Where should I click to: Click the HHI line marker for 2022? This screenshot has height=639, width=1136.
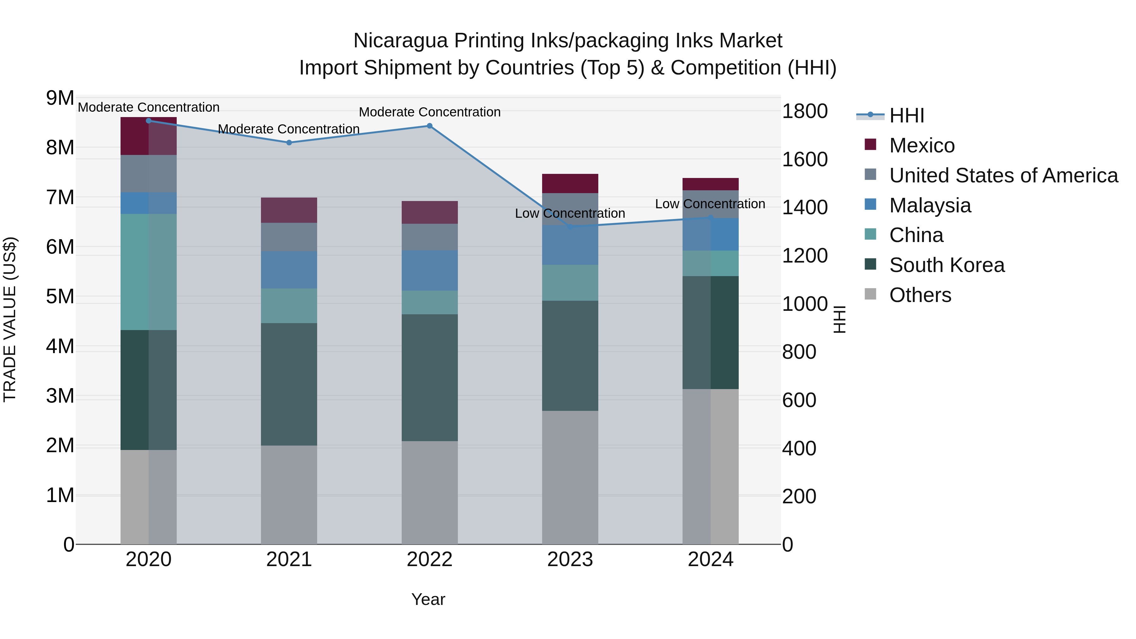429,126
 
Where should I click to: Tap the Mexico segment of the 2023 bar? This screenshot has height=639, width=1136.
570,183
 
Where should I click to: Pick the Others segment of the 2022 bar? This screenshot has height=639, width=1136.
429,492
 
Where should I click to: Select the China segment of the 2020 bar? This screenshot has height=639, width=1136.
148,272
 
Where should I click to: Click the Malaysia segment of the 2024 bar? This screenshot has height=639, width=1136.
710,234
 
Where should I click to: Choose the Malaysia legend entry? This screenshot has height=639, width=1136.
930,205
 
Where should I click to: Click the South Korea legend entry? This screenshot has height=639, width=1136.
946,265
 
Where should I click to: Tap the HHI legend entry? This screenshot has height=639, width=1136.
906,115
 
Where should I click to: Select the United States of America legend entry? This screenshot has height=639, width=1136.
1003,175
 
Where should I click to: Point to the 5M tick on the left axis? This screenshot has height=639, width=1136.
60,297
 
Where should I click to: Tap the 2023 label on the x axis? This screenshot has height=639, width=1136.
570,559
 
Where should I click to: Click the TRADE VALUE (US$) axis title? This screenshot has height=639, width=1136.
10,320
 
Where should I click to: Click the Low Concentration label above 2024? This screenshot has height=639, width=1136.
710,204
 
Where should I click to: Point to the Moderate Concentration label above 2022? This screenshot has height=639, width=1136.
429,112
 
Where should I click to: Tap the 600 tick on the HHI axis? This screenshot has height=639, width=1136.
799,400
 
